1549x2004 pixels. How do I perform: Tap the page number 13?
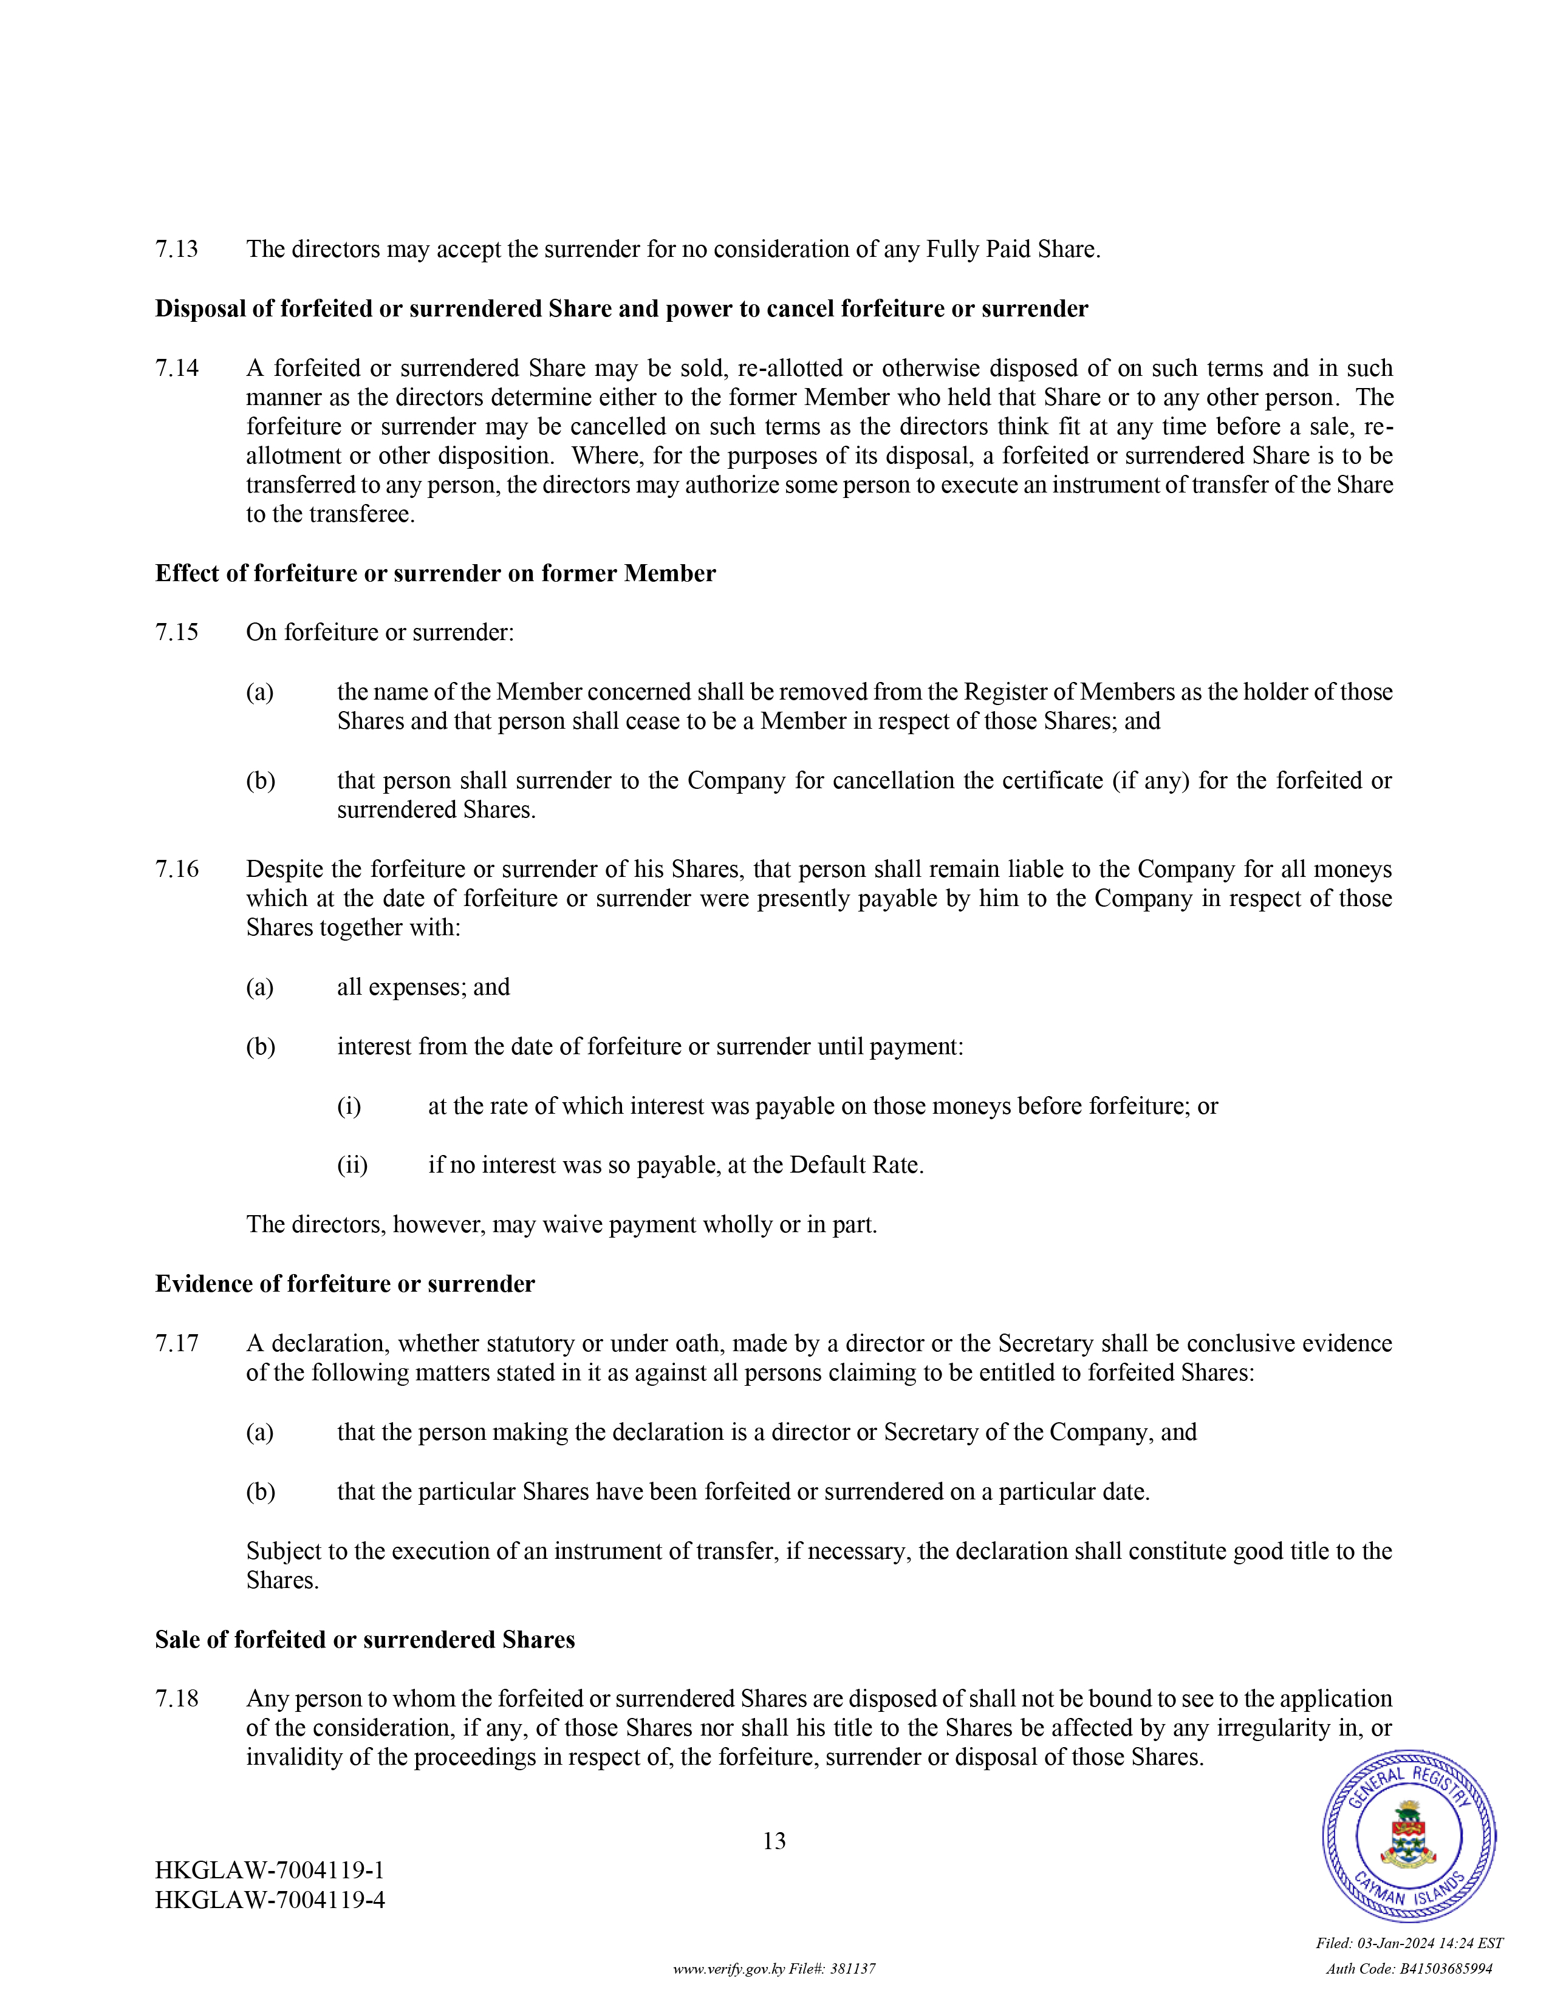click(773, 1841)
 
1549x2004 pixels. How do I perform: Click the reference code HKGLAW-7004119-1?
click(270, 1870)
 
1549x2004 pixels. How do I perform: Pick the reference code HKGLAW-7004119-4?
click(270, 1900)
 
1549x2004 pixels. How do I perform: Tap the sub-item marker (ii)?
click(352, 1165)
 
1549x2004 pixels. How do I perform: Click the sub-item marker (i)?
click(349, 1106)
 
